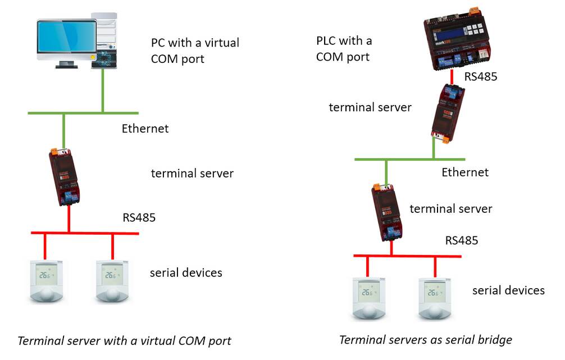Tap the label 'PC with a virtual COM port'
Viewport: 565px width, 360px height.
(x=195, y=51)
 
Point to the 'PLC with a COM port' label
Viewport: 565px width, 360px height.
(x=344, y=49)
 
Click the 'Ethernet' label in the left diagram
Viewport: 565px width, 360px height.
(x=145, y=129)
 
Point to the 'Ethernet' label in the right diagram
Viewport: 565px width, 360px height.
(x=465, y=172)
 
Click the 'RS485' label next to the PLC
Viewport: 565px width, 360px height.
(x=480, y=77)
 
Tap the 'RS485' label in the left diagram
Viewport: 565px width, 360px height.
(x=139, y=217)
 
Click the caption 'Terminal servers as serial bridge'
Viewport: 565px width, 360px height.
(x=425, y=339)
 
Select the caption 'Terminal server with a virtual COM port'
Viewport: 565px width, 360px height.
(x=124, y=340)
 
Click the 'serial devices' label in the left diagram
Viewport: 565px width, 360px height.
(x=186, y=273)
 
